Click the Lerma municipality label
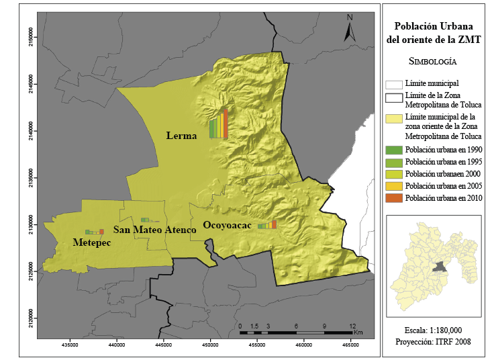pyautogui.click(x=181, y=136)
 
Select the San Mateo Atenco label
pyautogui.click(x=154, y=230)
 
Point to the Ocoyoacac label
pyautogui.click(x=227, y=226)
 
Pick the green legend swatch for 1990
pyautogui.click(x=393, y=149)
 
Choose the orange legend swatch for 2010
pyautogui.click(x=393, y=197)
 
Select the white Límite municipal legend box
pyautogui.click(x=393, y=84)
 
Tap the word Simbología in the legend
pyautogui.click(x=433, y=61)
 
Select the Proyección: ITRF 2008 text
pyautogui.click(x=433, y=342)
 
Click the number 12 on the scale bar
pyautogui.click(x=352, y=325)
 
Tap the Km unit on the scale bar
pyautogui.click(x=358, y=332)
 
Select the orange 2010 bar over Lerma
pyautogui.click(x=226, y=124)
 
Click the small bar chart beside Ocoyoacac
pyautogui.click(x=267, y=225)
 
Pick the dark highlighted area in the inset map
pyautogui.click(x=440, y=267)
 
